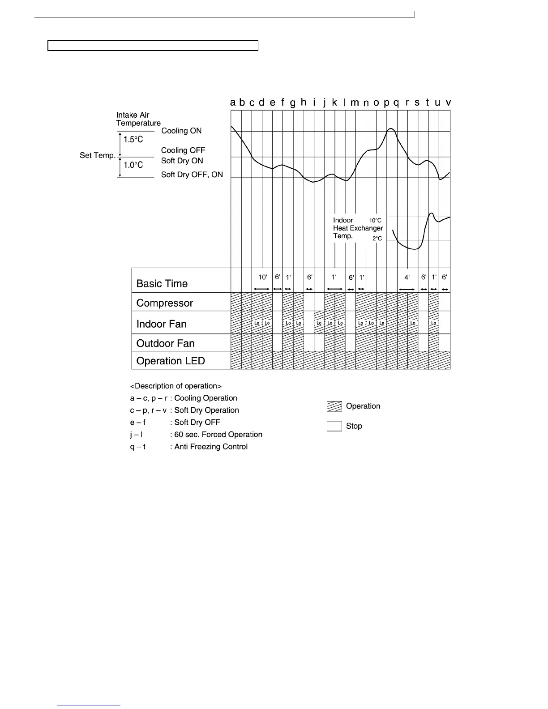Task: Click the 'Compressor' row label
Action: tap(164, 303)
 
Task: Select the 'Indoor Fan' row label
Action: tap(161, 324)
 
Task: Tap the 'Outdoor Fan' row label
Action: tap(165, 343)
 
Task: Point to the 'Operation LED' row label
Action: tap(170, 361)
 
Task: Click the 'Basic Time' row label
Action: tap(162, 283)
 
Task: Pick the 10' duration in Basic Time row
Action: tap(262, 277)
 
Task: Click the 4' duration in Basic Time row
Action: tap(407, 278)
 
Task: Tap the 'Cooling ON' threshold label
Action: tap(181, 131)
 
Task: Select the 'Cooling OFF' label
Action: tap(183, 150)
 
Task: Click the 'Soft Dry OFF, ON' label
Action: tap(192, 175)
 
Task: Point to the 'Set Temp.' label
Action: tap(98, 155)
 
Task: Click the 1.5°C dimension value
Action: tap(133, 140)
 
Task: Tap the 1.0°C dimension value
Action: tap(133, 165)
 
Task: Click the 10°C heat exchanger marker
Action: tap(375, 220)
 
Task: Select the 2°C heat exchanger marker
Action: tap(377, 239)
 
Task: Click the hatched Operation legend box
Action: tap(334, 406)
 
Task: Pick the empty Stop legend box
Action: tap(334, 426)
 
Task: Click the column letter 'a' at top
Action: tap(233, 103)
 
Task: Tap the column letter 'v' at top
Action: tap(448, 103)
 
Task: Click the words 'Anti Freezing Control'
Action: tap(211, 446)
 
